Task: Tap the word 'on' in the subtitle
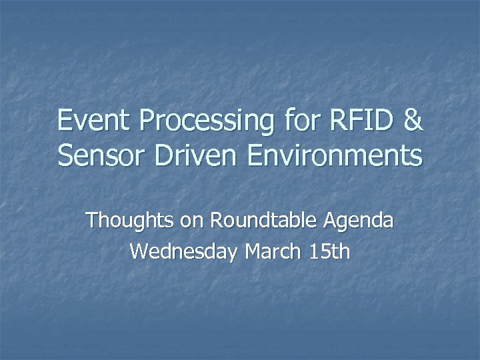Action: point(192,221)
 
